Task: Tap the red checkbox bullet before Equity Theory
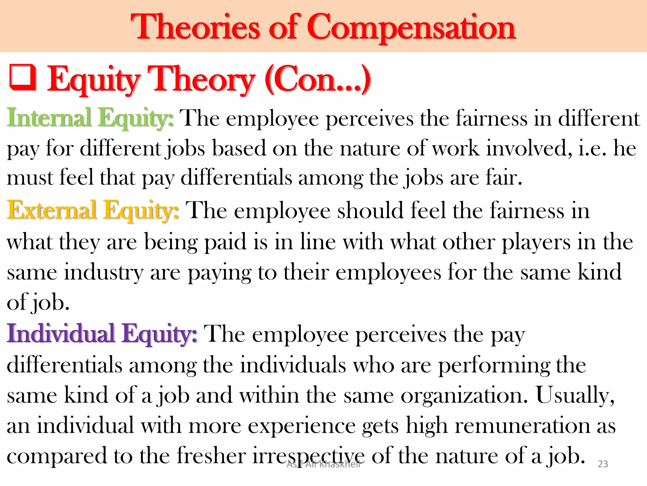(x=22, y=78)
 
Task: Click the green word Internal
(x=49, y=118)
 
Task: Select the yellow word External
(x=51, y=210)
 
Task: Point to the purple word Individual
(x=60, y=333)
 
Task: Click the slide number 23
(x=603, y=464)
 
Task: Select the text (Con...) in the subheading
(x=317, y=79)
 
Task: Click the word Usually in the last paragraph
(x=575, y=396)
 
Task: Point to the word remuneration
(x=522, y=426)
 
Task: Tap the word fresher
(x=211, y=456)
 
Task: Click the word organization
(x=464, y=396)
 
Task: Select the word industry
(x=104, y=272)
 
